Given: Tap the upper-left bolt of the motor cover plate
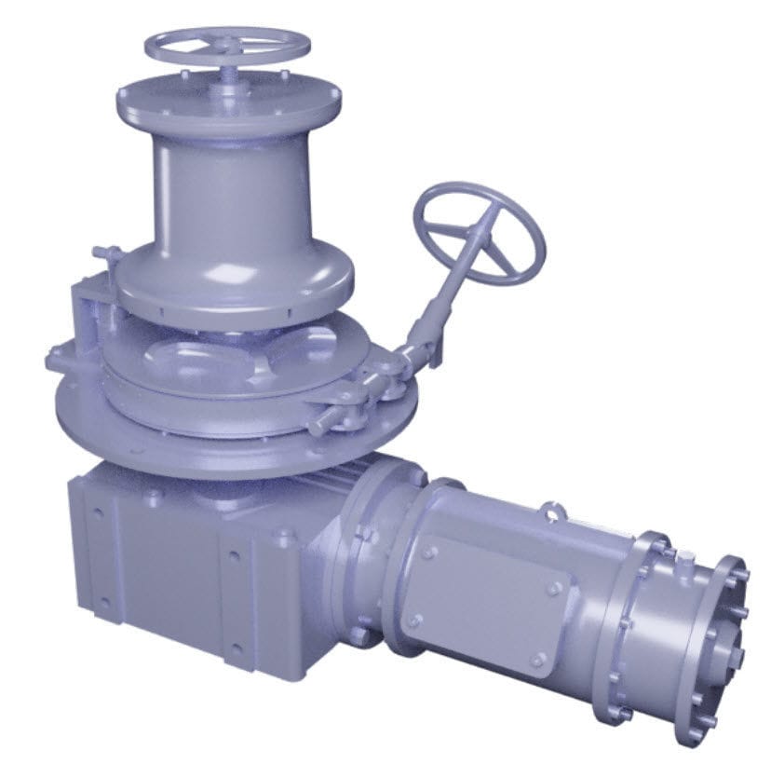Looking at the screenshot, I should (x=428, y=553).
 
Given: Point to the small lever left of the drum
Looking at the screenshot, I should (x=106, y=253).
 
